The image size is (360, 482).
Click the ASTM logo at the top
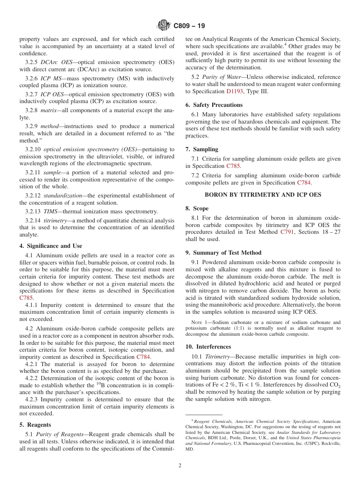[x=164, y=26]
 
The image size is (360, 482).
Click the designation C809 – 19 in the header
[x=189, y=26]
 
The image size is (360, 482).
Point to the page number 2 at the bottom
[x=180, y=466]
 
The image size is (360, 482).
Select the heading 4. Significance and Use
[x=50, y=246]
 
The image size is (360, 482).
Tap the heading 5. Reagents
[x=35, y=425]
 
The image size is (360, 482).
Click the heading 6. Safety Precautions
[x=214, y=105]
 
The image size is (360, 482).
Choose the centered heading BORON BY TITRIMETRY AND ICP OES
[x=263, y=195]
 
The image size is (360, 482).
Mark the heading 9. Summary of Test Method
[x=223, y=253]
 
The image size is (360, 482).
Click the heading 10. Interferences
[x=208, y=347]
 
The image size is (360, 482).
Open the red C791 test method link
[x=288, y=232]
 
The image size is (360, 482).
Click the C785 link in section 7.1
[x=233, y=166]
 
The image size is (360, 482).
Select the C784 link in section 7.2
[x=304, y=183]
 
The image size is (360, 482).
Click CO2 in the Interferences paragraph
[x=334, y=385]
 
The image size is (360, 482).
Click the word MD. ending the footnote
[x=189, y=449]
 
